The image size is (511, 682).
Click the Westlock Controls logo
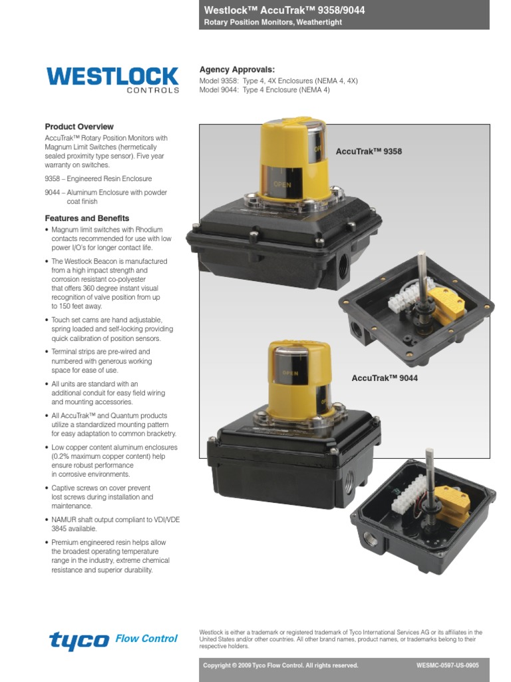pos(112,79)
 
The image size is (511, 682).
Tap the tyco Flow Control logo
pos(113,640)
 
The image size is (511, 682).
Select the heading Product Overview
pos(79,127)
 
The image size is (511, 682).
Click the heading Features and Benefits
pos(87,218)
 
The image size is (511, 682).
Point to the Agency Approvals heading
pos(237,70)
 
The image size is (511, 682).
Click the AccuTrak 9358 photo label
pos(369,152)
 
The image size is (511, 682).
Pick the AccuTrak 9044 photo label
pos(384,378)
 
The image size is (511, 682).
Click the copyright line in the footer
pos(280,665)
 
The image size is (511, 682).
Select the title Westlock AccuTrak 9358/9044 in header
pos(283,11)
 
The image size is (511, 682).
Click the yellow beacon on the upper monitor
pos(293,160)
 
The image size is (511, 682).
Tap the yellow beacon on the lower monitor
pos(301,376)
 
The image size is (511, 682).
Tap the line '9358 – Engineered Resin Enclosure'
pos(98,179)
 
